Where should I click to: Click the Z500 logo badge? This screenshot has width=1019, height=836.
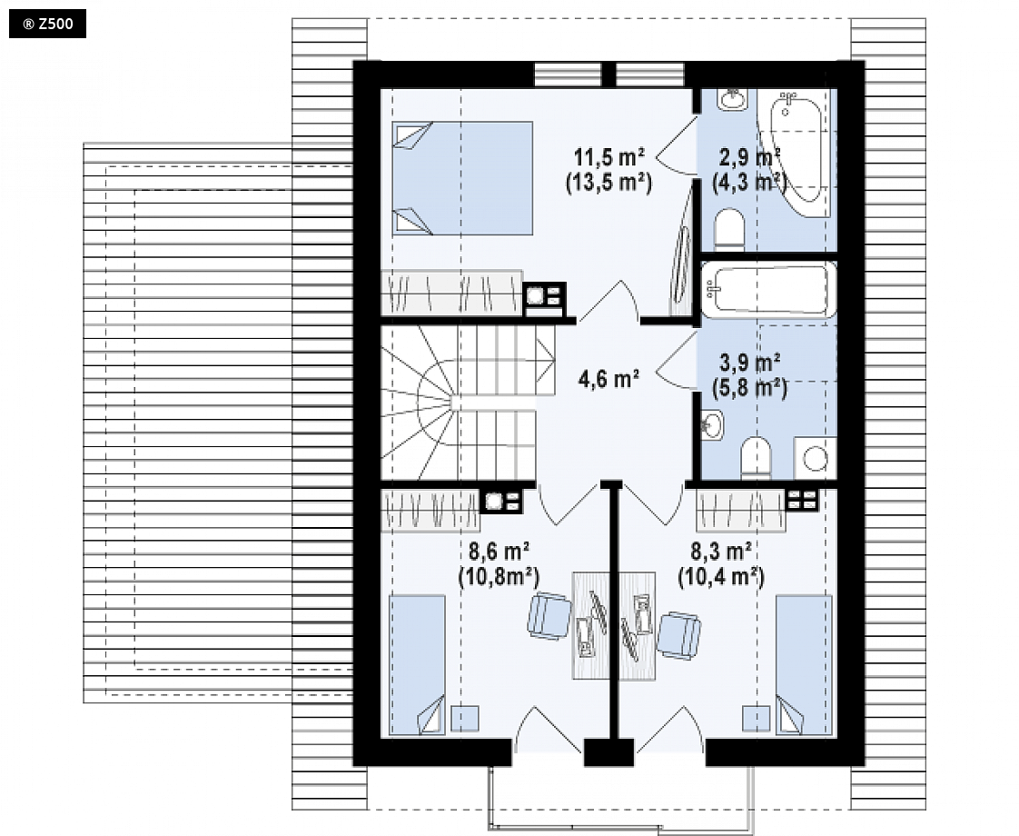[47, 25]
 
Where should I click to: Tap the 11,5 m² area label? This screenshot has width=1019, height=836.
[608, 157]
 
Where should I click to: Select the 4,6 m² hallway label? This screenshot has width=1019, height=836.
[608, 378]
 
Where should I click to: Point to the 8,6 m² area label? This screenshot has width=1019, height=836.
[499, 552]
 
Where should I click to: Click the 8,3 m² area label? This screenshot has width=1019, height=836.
[721, 552]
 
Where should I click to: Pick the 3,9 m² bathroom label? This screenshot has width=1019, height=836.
[750, 362]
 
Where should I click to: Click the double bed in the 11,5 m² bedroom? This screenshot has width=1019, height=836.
[462, 178]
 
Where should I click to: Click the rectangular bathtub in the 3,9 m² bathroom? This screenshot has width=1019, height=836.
[769, 290]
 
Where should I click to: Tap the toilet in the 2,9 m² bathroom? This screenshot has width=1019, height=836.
[729, 230]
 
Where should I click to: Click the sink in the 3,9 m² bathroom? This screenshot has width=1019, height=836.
[712, 425]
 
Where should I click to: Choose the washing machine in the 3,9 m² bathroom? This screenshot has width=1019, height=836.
[815, 459]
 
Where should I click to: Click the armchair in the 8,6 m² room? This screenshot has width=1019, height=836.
[549, 616]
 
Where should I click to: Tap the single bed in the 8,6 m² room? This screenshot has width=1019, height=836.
[417, 665]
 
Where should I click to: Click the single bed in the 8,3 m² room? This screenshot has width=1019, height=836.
[805, 665]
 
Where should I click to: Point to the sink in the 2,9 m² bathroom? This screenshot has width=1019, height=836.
[733, 99]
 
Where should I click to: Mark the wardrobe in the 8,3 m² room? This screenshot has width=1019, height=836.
[741, 511]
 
